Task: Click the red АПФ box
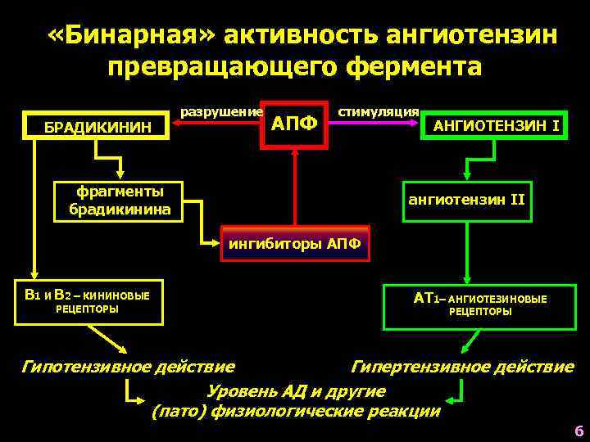click(293, 125)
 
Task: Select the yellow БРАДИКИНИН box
click(98, 127)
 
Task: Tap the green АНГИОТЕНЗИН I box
click(496, 125)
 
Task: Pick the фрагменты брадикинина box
click(120, 201)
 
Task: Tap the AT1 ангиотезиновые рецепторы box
click(480, 305)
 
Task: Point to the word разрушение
click(221, 110)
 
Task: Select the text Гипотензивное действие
click(127, 366)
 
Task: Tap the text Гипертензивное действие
click(462, 366)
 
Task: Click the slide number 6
click(579, 431)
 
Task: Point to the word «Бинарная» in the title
click(131, 35)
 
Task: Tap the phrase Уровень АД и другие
click(296, 390)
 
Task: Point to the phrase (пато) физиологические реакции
click(296, 411)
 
